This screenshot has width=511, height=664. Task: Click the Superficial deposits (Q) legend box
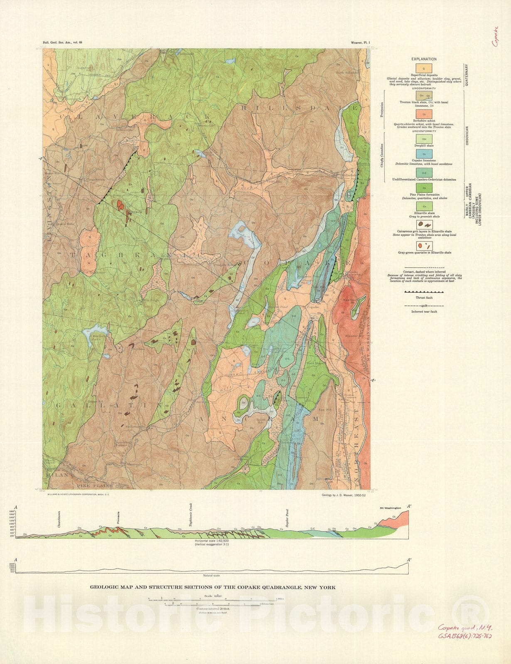coord(424,68)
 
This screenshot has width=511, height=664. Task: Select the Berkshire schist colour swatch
coord(424,114)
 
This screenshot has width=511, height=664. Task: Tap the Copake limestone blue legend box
coord(424,154)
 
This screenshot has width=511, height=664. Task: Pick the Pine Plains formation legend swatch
coord(424,188)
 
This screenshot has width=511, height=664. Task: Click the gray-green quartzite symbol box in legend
coord(424,246)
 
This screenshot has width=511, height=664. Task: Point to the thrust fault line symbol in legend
coord(424,292)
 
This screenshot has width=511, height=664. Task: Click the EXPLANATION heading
coord(424,59)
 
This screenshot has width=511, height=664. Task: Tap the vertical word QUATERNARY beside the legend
coord(466,75)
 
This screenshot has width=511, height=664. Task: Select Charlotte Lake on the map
coord(94,335)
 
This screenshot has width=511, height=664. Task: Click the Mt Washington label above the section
coord(390,508)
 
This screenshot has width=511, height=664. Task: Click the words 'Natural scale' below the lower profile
coord(211,576)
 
